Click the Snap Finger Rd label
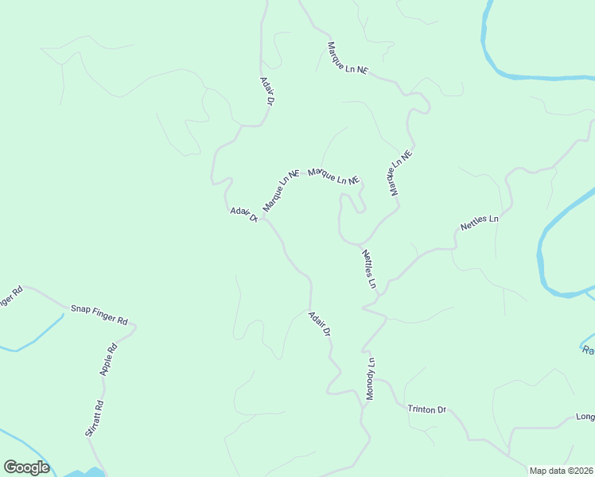click(x=99, y=315)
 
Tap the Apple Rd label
click(x=108, y=359)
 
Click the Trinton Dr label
click(x=427, y=409)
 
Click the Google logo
click(x=26, y=467)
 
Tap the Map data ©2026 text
click(x=562, y=471)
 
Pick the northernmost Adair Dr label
click(x=267, y=91)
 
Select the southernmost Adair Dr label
click(x=319, y=324)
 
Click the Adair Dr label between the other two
click(x=243, y=215)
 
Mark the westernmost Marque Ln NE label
click(x=280, y=189)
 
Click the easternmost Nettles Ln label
click(x=479, y=223)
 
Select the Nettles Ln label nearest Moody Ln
click(x=368, y=269)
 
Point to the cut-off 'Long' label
click(x=585, y=417)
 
